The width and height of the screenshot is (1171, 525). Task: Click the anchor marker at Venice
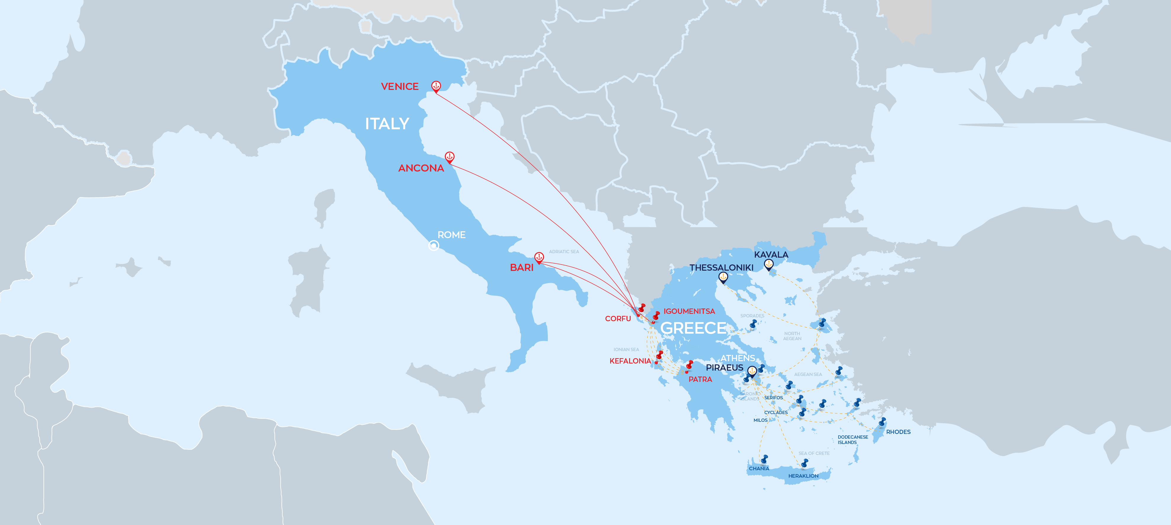(x=436, y=86)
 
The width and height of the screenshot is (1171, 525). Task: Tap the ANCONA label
(x=421, y=168)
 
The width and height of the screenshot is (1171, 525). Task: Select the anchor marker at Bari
(x=539, y=257)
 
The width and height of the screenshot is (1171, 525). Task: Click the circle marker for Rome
(x=434, y=245)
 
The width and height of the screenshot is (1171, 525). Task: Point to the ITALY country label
(x=387, y=124)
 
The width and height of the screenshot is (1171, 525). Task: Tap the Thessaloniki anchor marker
(x=723, y=277)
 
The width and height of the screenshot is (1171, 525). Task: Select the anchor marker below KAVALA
(x=769, y=264)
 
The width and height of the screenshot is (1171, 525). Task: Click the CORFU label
(x=618, y=319)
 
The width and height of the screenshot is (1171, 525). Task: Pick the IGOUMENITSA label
(x=689, y=311)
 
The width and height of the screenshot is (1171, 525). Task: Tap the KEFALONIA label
(x=630, y=361)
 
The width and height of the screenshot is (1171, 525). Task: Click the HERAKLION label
(x=803, y=476)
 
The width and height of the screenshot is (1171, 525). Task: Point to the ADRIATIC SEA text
(x=564, y=251)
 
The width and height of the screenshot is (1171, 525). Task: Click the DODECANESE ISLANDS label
(x=852, y=440)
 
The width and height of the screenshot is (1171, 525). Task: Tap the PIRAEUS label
(x=724, y=367)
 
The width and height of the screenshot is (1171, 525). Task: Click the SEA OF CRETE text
(x=814, y=453)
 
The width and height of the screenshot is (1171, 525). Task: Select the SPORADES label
(x=752, y=316)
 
